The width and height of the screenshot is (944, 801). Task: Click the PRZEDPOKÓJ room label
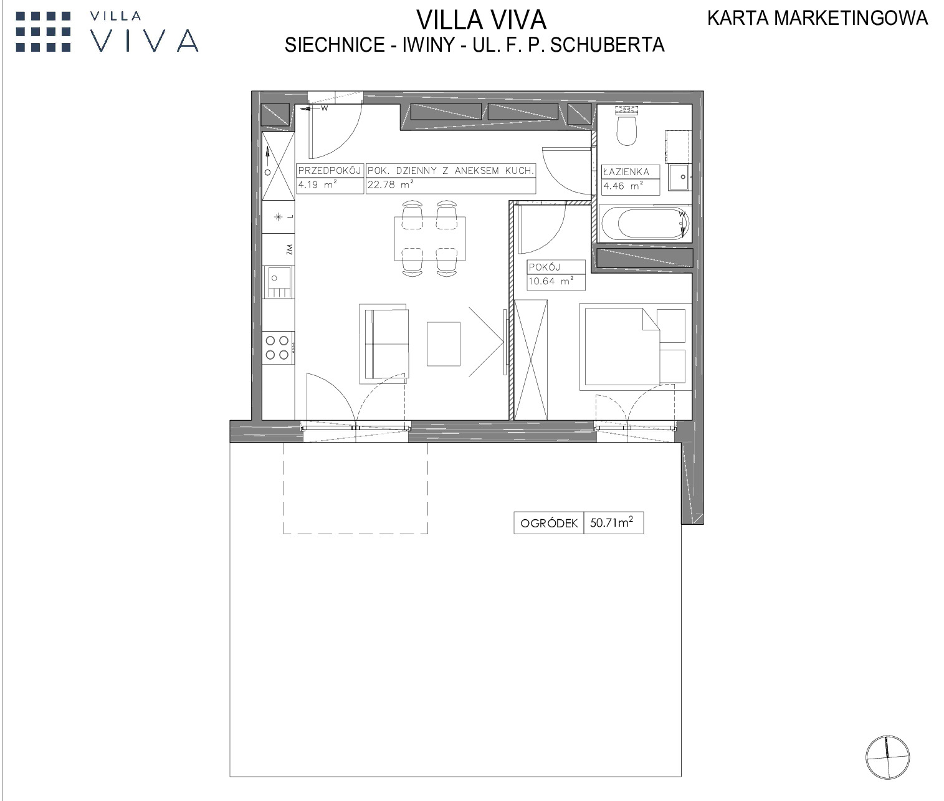(x=329, y=171)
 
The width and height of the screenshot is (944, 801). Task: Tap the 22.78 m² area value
(x=391, y=185)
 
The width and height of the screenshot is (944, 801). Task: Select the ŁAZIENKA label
(x=626, y=172)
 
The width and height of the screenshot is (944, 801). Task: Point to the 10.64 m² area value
(x=551, y=281)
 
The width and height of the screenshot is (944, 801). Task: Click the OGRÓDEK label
(x=549, y=523)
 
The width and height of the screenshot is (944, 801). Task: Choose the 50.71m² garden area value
(x=611, y=522)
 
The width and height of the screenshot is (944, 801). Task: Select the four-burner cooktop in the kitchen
(x=278, y=348)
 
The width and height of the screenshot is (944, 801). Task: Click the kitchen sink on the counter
(x=278, y=282)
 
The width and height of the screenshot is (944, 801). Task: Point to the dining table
(x=430, y=239)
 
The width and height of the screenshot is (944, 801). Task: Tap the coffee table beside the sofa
(x=444, y=344)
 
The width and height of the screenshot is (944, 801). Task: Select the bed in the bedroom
(x=636, y=347)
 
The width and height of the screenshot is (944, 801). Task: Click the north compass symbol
(x=887, y=757)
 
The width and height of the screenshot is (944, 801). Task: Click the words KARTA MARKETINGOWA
(x=818, y=18)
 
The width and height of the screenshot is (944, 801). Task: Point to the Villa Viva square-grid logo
(x=43, y=32)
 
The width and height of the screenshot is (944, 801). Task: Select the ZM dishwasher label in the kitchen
(x=288, y=249)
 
